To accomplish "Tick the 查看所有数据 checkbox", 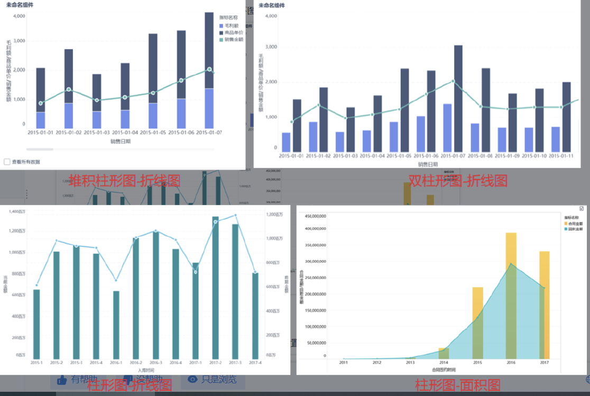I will click(7, 162).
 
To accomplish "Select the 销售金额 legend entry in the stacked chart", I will click(233, 39).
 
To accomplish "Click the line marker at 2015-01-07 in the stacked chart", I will click(209, 69).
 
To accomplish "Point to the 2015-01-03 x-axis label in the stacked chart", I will click(97, 132).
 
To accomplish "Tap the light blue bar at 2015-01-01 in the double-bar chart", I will click(286, 141).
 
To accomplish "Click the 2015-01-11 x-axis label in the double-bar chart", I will click(562, 156).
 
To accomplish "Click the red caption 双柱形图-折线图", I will click(458, 181).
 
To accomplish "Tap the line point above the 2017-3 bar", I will click(235, 215).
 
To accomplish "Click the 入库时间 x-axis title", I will click(145, 371).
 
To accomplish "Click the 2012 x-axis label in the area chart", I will click(376, 363).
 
